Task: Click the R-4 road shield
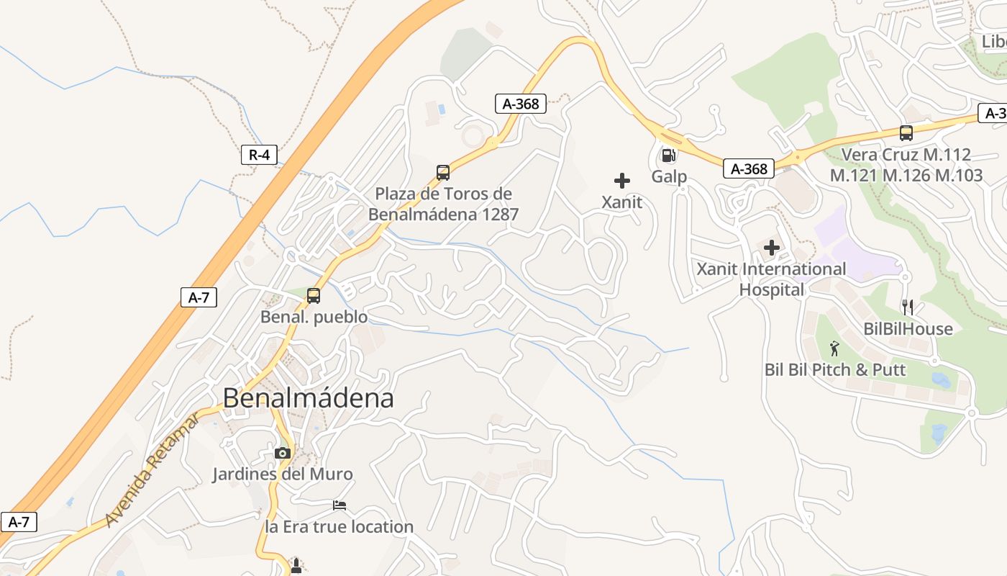tap(259, 154)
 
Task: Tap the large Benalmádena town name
tap(308, 398)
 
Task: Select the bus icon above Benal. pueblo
tap(314, 295)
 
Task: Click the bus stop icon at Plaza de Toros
tap(443, 173)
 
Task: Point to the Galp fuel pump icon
tap(668, 156)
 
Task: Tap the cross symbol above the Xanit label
tap(622, 181)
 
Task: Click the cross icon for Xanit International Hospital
tap(772, 248)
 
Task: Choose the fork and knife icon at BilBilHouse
tap(908, 307)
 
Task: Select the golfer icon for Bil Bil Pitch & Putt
tap(834, 348)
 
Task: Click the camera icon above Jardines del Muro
tap(283, 453)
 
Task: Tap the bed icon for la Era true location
tap(340, 505)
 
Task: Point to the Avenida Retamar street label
tap(152, 470)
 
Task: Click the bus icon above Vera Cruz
tap(906, 133)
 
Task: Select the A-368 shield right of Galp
tap(749, 168)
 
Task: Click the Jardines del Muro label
tap(283, 474)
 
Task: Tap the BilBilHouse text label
tap(908, 329)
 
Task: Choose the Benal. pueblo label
tap(314, 317)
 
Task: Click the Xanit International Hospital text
tap(772, 279)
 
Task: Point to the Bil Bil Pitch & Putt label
tap(835, 370)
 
